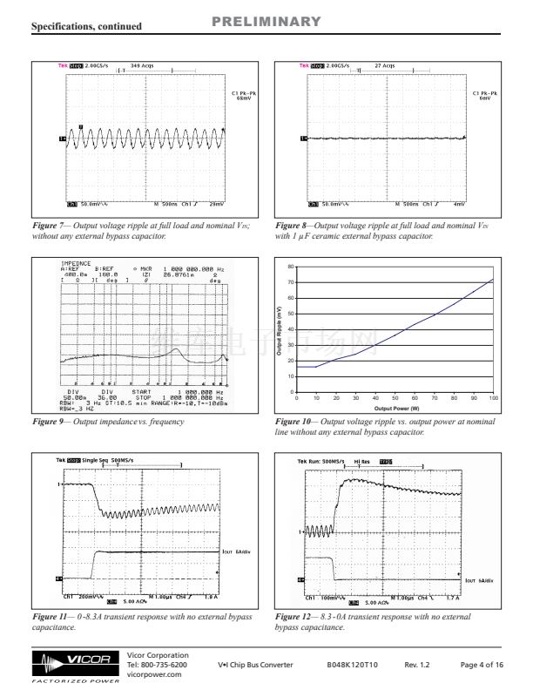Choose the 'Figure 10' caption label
click(x=293, y=421)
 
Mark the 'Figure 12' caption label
click(x=293, y=618)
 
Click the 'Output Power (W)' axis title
click(x=396, y=408)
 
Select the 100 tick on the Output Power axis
click(x=493, y=398)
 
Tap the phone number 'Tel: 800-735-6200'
click(x=158, y=664)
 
